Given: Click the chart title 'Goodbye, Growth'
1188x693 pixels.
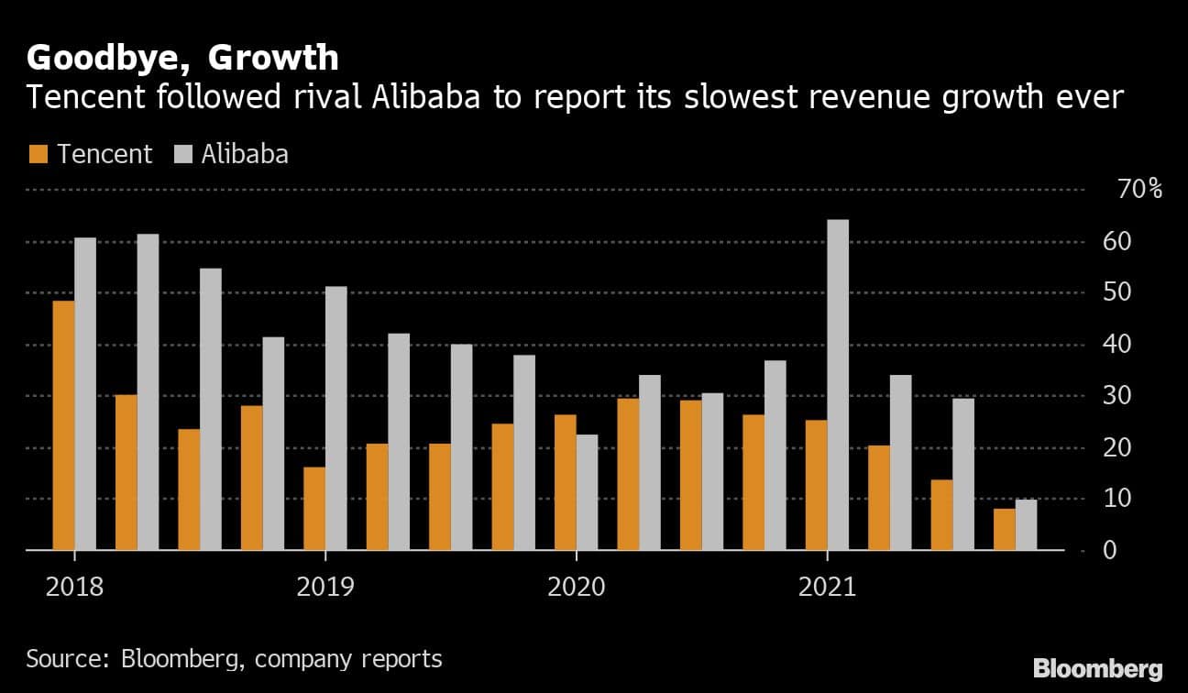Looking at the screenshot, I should tap(182, 59).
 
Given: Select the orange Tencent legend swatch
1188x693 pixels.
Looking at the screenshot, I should tap(38, 154).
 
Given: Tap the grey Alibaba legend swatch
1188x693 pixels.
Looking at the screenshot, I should tap(183, 154).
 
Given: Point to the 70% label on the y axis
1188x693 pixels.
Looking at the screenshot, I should tap(1140, 191).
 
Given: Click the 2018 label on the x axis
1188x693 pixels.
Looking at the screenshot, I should tap(74, 586).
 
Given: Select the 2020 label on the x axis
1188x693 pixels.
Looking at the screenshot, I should tap(576, 586).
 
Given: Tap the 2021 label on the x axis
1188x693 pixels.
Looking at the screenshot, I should tap(827, 586).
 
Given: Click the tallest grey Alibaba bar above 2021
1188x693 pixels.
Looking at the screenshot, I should tap(838, 385).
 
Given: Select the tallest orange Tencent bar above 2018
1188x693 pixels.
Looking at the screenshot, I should tap(63, 425).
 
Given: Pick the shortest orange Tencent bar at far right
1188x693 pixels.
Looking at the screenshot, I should tap(1004, 529).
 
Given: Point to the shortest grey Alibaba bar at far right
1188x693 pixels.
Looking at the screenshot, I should tap(1026, 524).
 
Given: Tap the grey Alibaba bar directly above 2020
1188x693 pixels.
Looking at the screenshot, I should tap(587, 492).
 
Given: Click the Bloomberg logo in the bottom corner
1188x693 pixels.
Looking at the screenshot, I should tap(1097, 668).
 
